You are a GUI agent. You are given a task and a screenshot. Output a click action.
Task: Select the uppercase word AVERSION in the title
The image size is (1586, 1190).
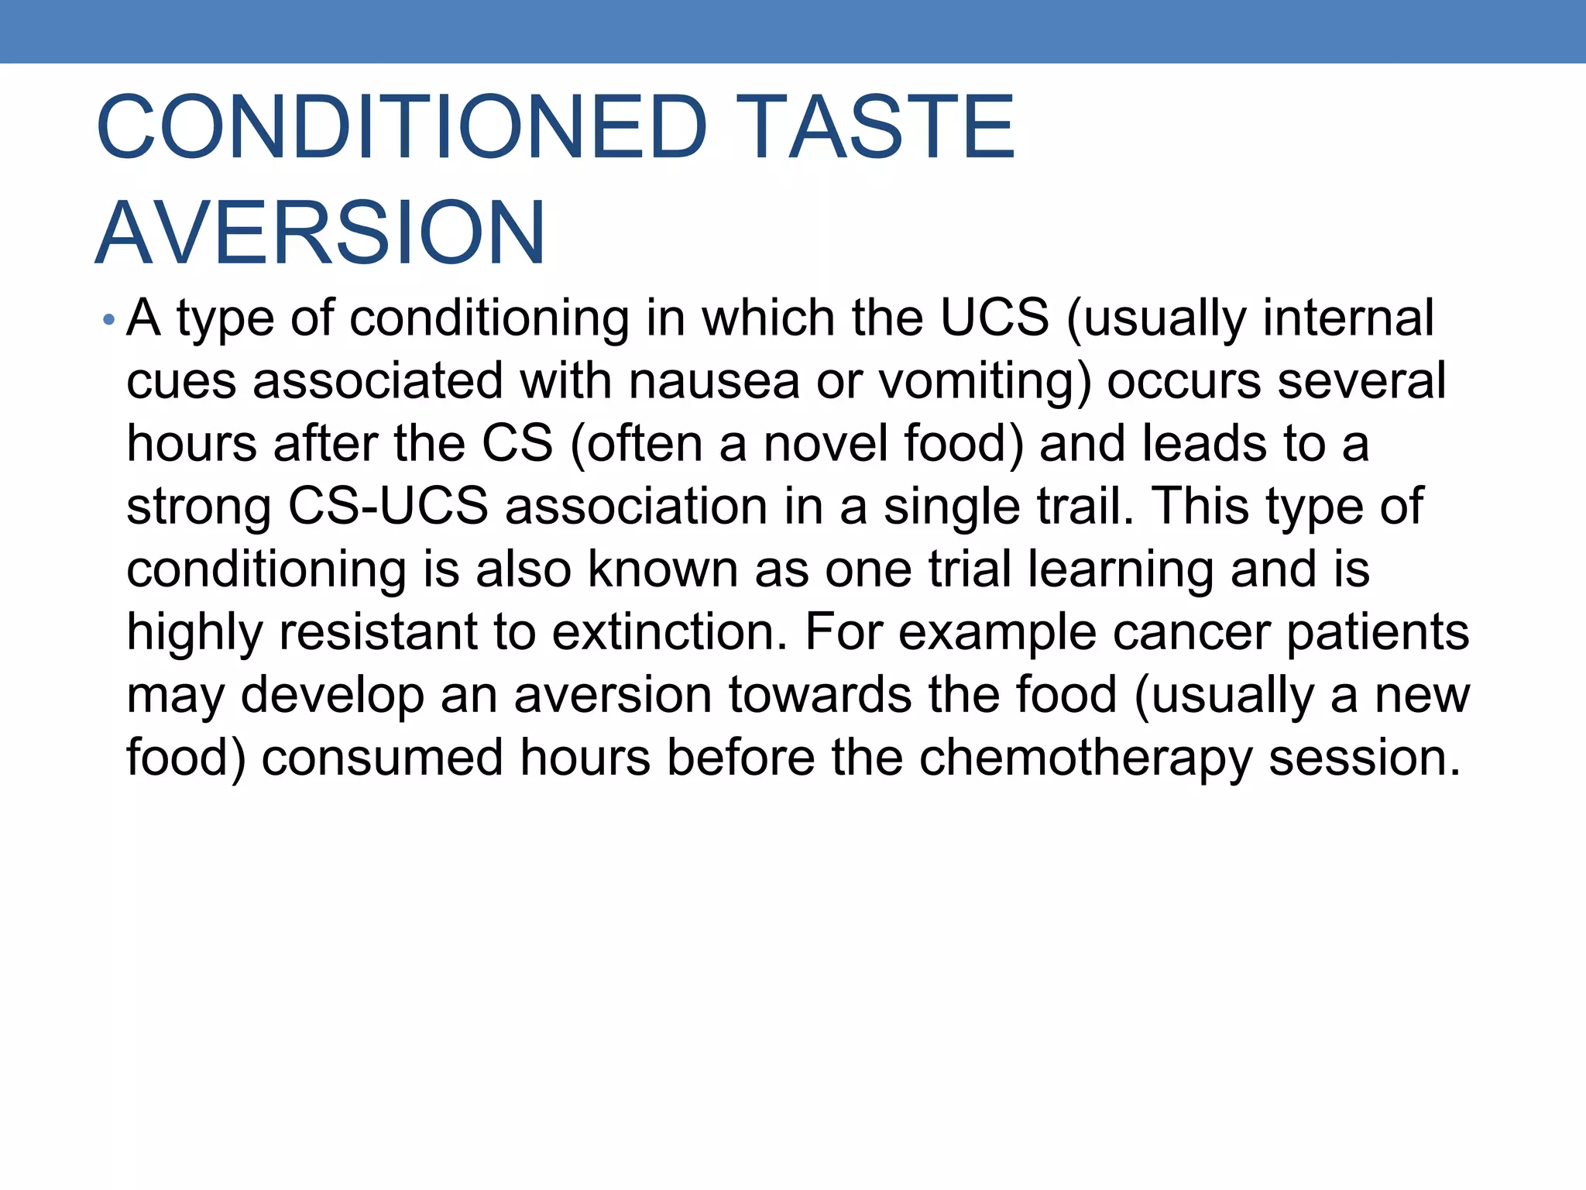[321, 232]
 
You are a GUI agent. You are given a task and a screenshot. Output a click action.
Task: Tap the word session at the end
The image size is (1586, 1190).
[1365, 757]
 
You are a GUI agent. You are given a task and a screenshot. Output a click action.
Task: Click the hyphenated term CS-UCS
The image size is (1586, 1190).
[388, 507]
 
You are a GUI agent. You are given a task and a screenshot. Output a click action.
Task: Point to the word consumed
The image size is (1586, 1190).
[382, 757]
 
